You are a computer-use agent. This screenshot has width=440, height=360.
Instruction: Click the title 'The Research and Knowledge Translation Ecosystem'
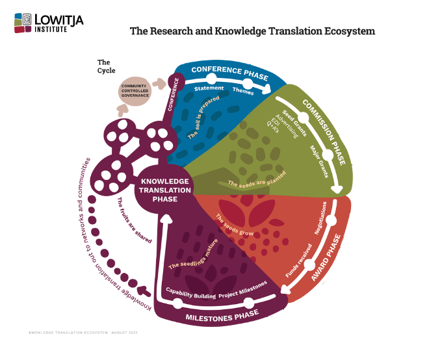[x=252, y=31]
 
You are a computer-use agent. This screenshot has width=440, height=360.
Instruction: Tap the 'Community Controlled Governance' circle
[x=135, y=90]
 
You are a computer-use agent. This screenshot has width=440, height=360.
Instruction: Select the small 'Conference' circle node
[x=174, y=82]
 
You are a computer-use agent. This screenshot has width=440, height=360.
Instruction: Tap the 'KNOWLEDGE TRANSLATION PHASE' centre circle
[x=164, y=190]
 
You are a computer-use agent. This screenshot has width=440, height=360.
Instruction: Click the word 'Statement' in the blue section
[x=209, y=88]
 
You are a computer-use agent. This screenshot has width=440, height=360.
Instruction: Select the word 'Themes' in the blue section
[x=243, y=91]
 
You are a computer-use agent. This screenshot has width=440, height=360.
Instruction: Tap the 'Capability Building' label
[x=190, y=296]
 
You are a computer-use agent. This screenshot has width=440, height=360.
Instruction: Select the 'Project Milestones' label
[x=242, y=290]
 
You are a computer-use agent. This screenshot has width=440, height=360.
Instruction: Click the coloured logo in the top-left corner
[x=21, y=23]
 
